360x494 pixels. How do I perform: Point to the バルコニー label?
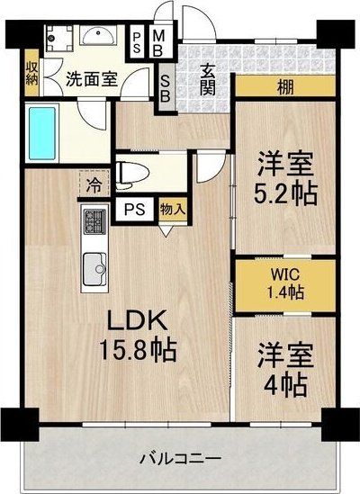click(180, 459)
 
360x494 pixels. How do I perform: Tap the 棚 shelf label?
click(284, 88)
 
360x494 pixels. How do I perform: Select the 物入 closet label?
click(172, 210)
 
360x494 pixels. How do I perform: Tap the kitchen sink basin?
click(94, 266)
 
